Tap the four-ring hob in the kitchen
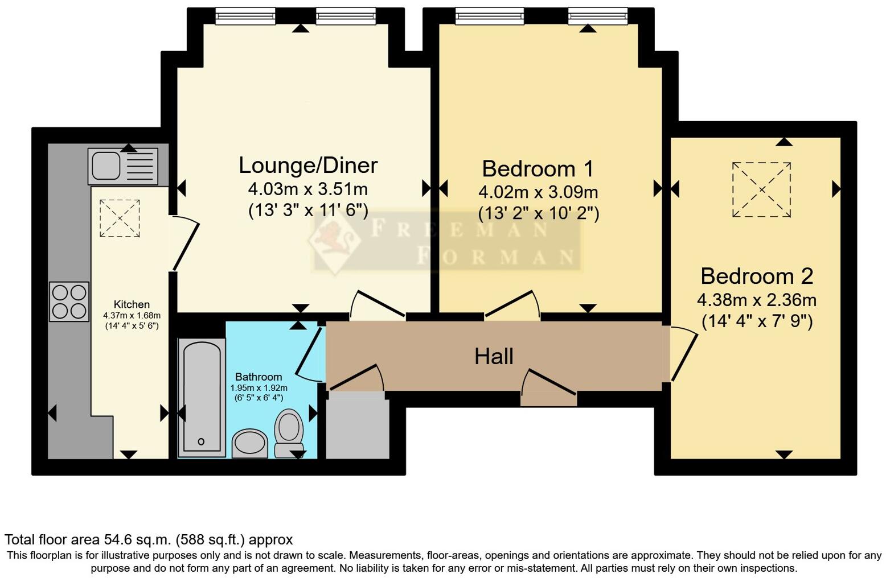click(69, 302)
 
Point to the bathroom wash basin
click(250, 443)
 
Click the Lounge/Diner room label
click(308, 165)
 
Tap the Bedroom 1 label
click(538, 168)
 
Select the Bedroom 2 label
click(757, 276)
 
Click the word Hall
click(494, 357)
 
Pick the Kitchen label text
click(132, 304)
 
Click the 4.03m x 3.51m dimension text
click(307, 188)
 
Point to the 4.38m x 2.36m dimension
click(757, 299)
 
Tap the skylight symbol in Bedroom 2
click(761, 189)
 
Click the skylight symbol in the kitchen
click(120, 218)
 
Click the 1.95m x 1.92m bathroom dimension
click(259, 387)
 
